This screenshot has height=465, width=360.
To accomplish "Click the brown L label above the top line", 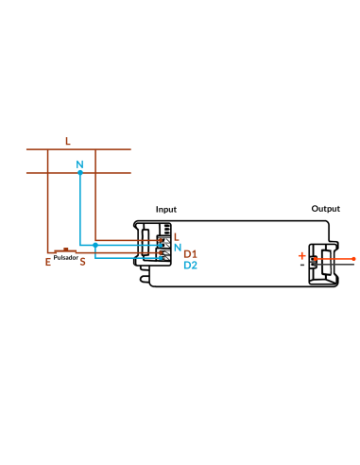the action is coord(68,141).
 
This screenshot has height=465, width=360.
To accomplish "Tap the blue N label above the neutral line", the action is coord(79,164).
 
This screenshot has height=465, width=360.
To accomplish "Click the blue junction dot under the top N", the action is coord(80,173).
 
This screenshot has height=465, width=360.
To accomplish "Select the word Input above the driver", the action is coord(166,210).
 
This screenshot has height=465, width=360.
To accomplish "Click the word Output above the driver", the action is coord(326,209).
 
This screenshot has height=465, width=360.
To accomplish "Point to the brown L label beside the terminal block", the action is coord(177,237).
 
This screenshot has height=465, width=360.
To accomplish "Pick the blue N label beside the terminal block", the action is coord(178,248).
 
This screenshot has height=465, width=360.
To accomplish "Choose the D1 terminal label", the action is coord(190,254).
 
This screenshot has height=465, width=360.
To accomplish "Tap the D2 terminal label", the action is coord(190,266).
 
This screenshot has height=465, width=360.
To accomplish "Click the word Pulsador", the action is coord(66,258).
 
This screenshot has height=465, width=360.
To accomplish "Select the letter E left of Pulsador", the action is coord(48,262).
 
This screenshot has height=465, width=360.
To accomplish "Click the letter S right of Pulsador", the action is coord(82,262).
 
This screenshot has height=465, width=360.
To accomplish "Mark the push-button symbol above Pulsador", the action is coord(65,250).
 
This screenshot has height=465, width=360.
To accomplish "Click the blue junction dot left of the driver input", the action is coord(95,245).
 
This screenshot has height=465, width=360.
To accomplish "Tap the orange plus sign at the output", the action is coord(302,256).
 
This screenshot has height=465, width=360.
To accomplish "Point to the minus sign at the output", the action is coord(302,265).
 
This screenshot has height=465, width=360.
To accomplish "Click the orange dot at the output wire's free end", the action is coord(353,259).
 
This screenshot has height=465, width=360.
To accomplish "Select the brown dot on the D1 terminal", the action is coord(161,252).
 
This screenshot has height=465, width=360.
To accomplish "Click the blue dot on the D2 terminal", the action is coord(161,258).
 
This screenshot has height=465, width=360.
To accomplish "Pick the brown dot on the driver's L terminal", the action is coord(161,240).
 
